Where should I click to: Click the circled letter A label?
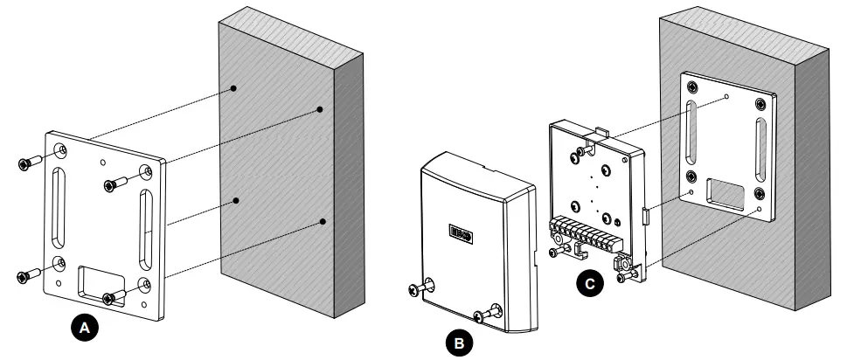(x=84, y=328)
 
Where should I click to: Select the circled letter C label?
(x=590, y=283)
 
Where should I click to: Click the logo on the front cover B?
(x=460, y=233)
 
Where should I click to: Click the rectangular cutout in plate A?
(x=98, y=283)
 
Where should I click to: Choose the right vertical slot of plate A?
(x=145, y=230)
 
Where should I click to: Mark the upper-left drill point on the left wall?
(x=234, y=88)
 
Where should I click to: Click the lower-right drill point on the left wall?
(x=323, y=222)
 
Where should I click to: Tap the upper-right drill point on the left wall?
(x=320, y=109)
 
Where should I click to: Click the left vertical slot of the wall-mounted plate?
(x=690, y=131)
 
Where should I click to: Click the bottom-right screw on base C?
(x=625, y=275)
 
